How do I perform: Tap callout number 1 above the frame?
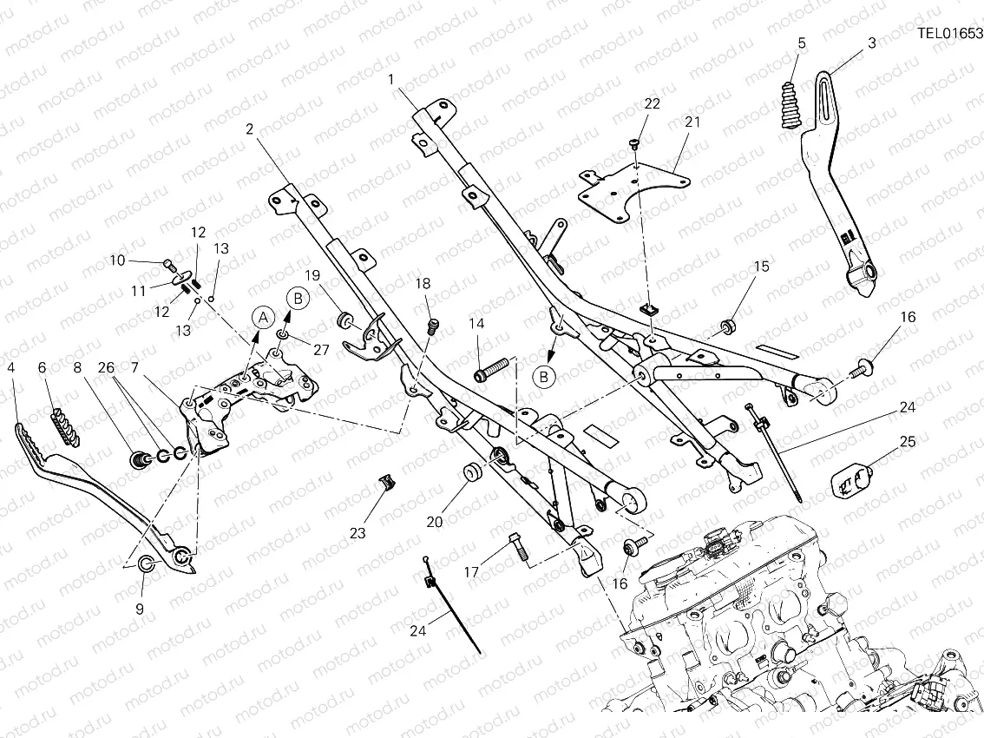point(391,79)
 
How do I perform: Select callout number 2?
point(250,129)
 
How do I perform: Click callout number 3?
point(871,42)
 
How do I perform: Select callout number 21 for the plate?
point(692,122)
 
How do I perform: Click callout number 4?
point(11,368)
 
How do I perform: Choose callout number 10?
point(118,260)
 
